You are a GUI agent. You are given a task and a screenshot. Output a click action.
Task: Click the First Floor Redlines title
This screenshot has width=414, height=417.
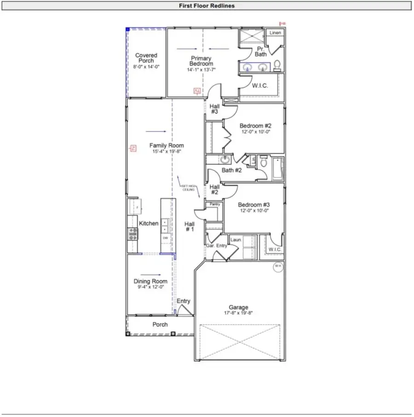[207, 6]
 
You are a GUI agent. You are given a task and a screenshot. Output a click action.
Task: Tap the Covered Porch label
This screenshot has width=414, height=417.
[146, 58]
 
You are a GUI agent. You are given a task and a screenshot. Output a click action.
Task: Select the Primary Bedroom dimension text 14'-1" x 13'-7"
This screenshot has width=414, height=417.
[201, 70]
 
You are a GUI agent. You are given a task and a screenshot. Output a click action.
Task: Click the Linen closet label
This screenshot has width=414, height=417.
[275, 33]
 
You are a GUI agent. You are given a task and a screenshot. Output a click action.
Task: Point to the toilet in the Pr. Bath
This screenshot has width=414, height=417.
[277, 66]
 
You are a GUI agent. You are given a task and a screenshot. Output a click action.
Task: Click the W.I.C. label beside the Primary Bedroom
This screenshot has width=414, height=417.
[260, 86]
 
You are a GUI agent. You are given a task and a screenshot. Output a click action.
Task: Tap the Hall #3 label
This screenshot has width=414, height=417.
[214, 109]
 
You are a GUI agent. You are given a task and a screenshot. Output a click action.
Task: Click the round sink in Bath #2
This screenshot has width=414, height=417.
[225, 160]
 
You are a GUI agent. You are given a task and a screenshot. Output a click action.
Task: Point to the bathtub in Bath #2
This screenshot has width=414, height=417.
[278, 168]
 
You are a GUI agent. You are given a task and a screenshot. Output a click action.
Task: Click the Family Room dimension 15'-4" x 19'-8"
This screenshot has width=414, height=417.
[167, 151]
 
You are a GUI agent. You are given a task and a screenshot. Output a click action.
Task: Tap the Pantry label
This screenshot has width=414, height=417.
[214, 204]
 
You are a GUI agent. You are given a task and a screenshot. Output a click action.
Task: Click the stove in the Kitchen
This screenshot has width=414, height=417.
[132, 234]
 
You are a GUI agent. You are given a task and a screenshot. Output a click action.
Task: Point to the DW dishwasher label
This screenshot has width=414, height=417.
[165, 239]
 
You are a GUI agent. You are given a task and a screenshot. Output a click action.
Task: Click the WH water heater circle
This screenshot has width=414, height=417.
[278, 267]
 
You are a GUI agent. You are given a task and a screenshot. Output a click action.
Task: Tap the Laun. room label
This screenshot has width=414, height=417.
[236, 240]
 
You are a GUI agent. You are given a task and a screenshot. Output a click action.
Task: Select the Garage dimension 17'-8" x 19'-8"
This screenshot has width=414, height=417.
[238, 313]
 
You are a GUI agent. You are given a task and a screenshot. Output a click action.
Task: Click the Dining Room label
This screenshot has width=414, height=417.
[150, 281]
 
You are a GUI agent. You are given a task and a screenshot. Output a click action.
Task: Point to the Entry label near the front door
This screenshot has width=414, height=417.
[184, 301]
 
